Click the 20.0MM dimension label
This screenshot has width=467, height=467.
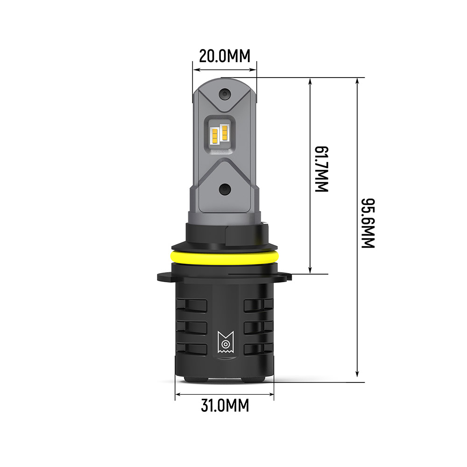pyautogui.click(x=225, y=56)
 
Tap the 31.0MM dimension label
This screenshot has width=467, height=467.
pyautogui.click(x=225, y=405)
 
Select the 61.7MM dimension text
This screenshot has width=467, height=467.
pyautogui.click(x=322, y=170)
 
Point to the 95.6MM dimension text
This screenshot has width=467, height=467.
pyautogui.click(x=368, y=223)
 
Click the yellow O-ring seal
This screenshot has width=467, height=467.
pyautogui.click(x=224, y=255)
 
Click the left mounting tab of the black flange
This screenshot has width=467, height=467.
pyautogui.click(x=163, y=276)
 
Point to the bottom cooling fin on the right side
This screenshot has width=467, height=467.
pyautogui.click(x=258, y=349)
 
